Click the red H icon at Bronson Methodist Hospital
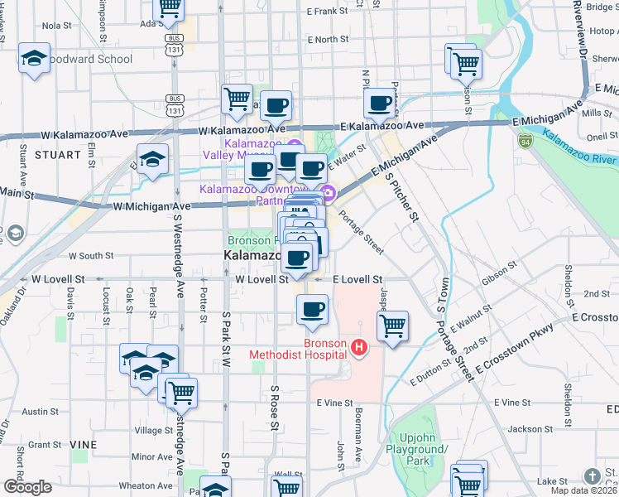(359, 348)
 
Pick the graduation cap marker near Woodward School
(34, 58)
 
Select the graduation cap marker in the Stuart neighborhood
(153, 160)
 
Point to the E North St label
(327, 39)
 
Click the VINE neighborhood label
(84, 445)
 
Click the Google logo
(27, 487)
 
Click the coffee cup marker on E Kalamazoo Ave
(380, 104)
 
